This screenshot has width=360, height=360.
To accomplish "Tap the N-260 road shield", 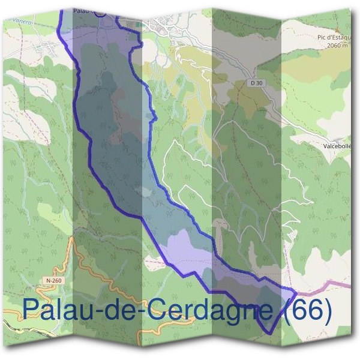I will point(54,280).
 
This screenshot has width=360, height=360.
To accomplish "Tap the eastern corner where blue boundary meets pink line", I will point(295,292).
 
